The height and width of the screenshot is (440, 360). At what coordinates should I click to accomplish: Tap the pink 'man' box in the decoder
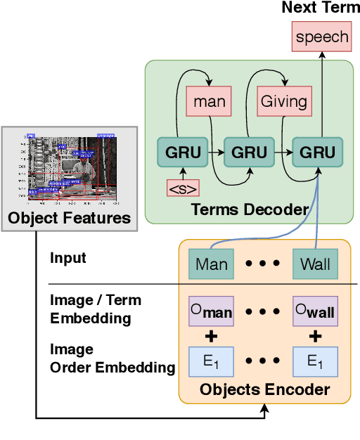[x=210, y=101]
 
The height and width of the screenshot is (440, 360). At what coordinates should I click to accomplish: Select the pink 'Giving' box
[x=284, y=101]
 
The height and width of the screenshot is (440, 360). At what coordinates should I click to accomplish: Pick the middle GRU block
[x=250, y=152]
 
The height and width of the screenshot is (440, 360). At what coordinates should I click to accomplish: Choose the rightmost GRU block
[x=316, y=152]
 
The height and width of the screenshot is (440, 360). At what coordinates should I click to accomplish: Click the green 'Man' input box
[x=212, y=266]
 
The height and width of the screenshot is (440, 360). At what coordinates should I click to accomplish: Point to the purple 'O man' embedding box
[x=212, y=309]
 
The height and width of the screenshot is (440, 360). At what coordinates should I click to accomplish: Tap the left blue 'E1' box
[x=212, y=362]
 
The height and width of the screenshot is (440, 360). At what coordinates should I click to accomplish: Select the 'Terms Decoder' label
[x=249, y=209]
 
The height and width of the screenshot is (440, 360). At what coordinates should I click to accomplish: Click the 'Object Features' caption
[x=69, y=218]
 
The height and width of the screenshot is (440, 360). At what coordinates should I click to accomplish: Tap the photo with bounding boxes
[x=70, y=166]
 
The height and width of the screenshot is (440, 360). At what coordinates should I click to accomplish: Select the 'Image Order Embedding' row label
[x=112, y=358]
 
